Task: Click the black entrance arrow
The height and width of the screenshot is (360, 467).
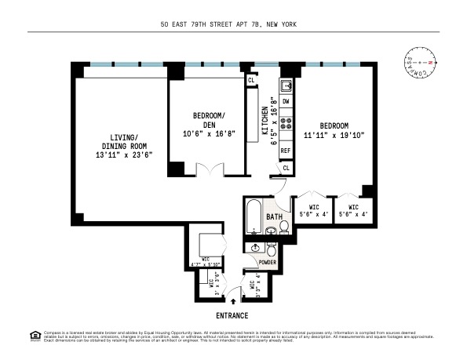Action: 233,299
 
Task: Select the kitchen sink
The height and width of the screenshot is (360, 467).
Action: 287,85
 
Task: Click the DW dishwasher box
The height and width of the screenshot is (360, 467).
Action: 286,103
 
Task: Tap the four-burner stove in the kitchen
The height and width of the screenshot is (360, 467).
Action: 286,124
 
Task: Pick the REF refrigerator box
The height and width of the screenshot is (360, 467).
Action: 286,150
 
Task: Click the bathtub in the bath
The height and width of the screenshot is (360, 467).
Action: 254,215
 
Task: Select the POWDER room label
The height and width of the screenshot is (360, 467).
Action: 268,262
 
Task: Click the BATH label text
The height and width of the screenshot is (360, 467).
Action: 274,216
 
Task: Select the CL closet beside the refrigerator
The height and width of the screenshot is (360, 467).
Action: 286,168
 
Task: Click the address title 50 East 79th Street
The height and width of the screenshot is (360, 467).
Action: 233,24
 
